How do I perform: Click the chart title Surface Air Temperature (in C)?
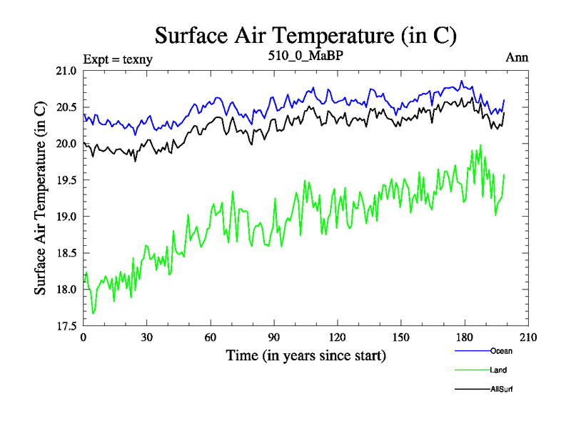305,35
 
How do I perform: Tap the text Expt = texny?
118,59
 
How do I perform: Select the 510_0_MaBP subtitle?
305,56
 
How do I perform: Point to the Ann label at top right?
517,57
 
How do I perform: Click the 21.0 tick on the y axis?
66,71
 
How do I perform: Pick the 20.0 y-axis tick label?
66,144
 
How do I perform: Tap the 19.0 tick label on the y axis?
66,217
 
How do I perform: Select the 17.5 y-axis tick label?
66,326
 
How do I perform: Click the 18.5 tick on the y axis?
66,253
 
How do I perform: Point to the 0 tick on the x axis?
84,338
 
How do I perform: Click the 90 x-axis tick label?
274,338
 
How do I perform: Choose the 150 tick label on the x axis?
401,338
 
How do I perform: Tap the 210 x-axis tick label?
528,338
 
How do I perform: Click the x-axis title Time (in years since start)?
305,355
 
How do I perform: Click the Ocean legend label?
501,351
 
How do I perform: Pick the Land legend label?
499,370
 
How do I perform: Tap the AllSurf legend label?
502,390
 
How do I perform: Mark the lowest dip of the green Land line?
94,313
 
